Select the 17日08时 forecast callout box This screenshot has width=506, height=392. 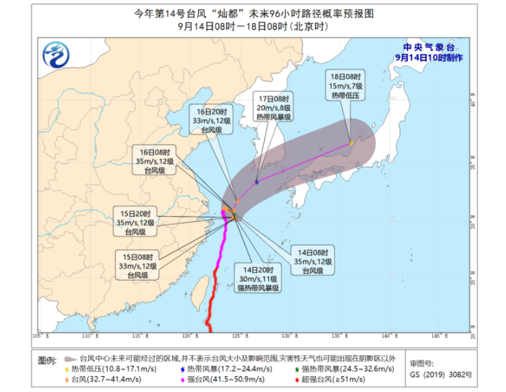tap(275, 107)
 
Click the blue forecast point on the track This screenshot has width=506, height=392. tap(257, 182)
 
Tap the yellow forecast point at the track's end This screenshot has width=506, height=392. tap(351, 142)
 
